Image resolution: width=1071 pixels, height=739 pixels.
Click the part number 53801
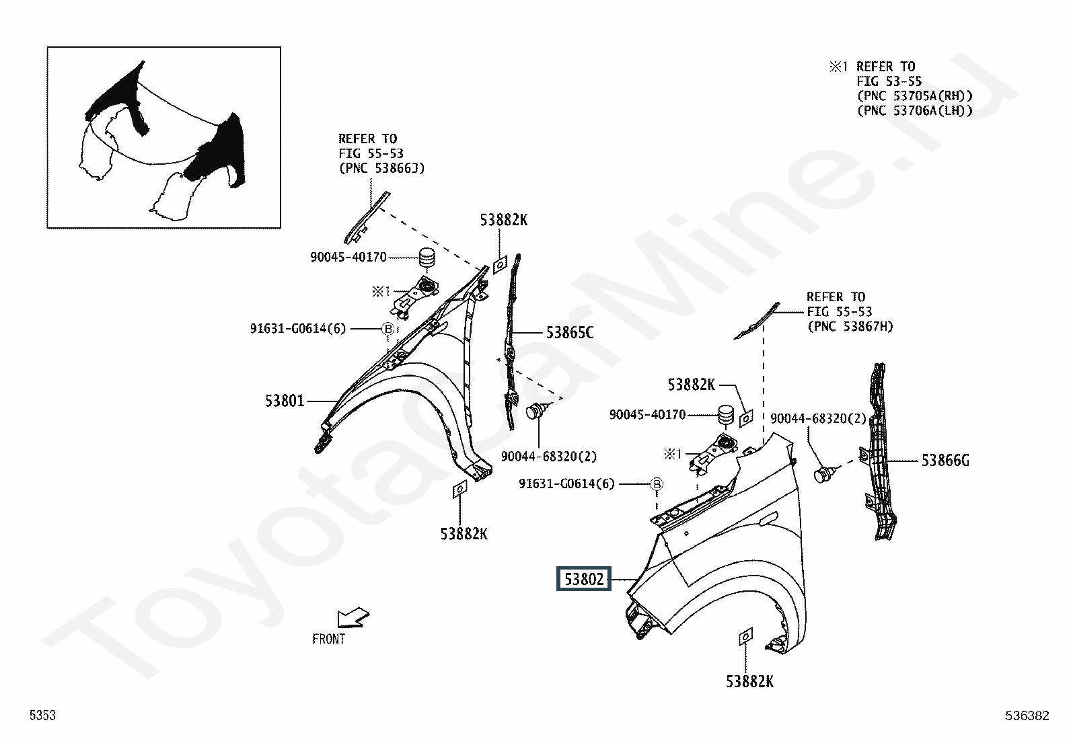285,401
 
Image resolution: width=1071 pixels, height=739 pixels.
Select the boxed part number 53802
584,579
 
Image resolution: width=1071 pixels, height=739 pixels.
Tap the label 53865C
570,333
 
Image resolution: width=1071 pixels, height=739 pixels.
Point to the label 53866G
945,461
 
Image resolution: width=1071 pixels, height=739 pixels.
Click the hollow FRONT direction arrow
353,617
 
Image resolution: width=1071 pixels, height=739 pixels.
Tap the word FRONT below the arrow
328,639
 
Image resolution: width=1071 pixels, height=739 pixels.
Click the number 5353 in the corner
42,715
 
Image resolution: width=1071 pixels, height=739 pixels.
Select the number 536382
1027,716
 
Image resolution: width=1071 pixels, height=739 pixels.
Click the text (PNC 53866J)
381,168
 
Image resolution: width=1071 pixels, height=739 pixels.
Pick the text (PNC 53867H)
850,327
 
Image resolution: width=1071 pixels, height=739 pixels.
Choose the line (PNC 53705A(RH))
915,96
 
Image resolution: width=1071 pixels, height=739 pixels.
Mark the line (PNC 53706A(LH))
915,111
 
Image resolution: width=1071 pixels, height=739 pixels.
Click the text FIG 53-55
889,81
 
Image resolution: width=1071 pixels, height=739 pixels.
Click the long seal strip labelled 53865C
511,342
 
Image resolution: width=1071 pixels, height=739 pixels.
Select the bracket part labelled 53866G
879,452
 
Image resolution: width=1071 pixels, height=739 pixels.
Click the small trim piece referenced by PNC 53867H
756,321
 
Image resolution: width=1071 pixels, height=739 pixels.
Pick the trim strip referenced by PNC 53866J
367,217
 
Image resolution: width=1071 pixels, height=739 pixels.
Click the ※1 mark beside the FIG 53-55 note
839,67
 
